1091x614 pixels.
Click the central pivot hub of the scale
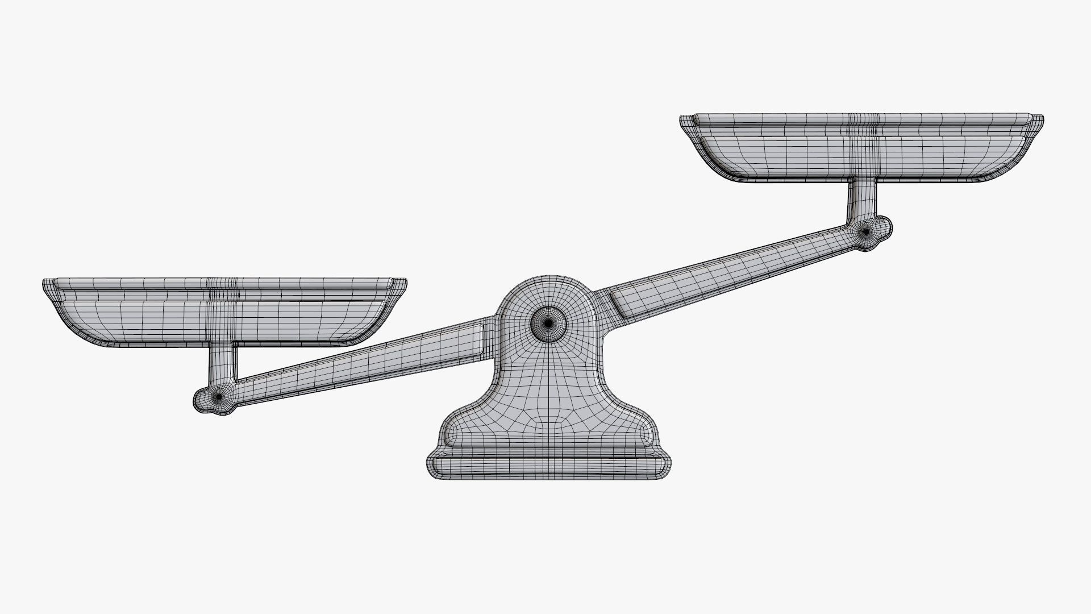point(548,323)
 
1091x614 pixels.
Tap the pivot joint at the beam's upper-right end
point(865,231)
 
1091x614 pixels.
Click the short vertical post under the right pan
point(861,199)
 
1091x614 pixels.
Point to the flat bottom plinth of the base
point(548,465)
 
